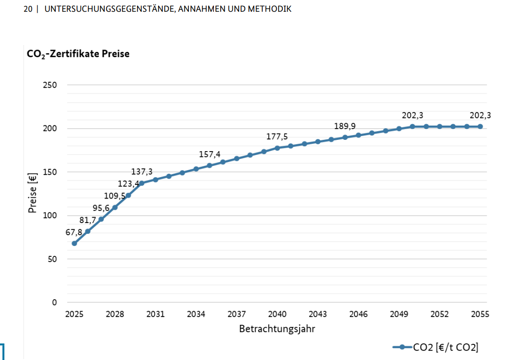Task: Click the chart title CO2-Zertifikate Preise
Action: (x=78, y=54)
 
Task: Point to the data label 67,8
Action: (x=74, y=232)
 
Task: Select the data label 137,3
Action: (x=142, y=172)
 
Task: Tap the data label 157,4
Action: (x=210, y=155)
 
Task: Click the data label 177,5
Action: (x=277, y=136)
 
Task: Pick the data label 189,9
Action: (x=345, y=126)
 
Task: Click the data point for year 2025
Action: (x=74, y=243)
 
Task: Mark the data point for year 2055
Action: (x=480, y=127)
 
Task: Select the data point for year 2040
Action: (x=278, y=148)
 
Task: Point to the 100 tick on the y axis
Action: (x=51, y=216)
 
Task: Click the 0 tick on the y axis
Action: (x=55, y=302)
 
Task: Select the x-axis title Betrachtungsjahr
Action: (x=277, y=329)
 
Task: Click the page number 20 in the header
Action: (x=27, y=9)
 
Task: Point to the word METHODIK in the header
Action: (x=270, y=9)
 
